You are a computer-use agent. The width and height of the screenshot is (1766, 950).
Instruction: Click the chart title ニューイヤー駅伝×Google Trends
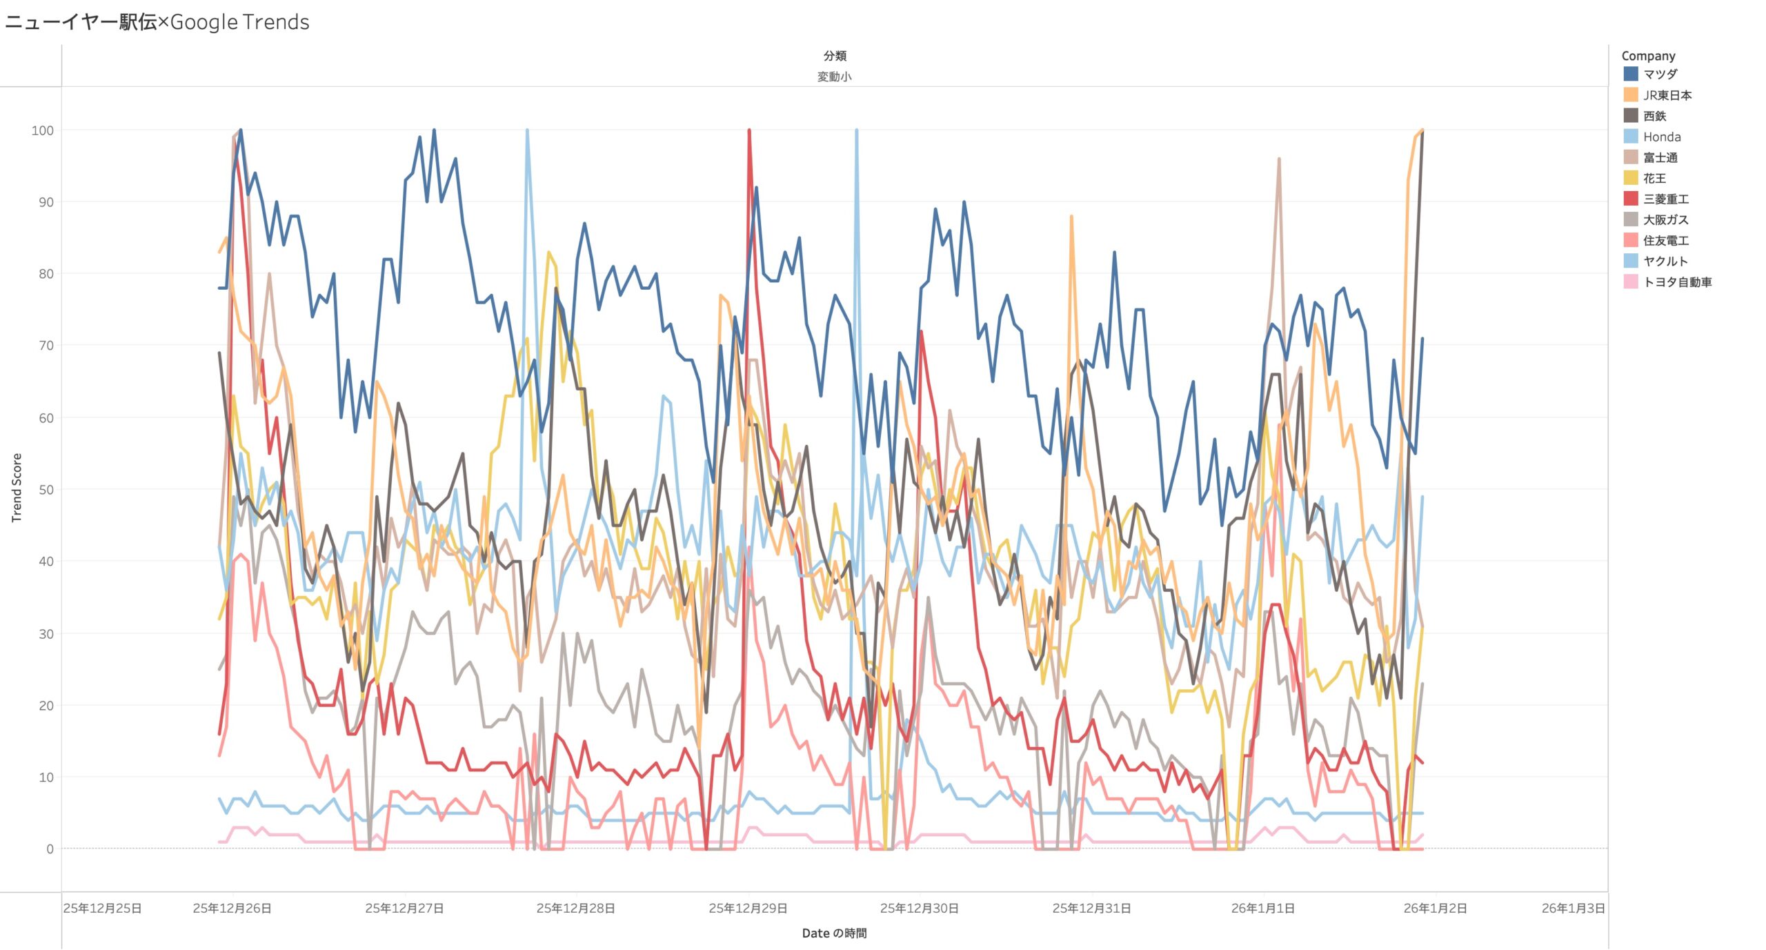point(157,22)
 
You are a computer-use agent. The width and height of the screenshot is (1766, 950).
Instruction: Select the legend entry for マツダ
point(1660,74)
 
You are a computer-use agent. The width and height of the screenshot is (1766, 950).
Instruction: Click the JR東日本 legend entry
point(1667,95)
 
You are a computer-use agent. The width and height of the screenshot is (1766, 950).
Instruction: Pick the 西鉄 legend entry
point(1654,116)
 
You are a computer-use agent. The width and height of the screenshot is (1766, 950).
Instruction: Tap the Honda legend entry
point(1661,137)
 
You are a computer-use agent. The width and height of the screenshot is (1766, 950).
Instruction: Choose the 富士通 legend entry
point(1660,157)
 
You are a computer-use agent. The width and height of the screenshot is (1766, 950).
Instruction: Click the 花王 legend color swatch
point(1631,178)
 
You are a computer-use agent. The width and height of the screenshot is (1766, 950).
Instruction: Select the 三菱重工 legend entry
point(1665,199)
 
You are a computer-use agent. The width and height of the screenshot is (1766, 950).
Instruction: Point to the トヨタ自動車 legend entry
point(1676,281)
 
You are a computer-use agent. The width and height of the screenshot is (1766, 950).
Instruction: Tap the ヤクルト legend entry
point(1665,261)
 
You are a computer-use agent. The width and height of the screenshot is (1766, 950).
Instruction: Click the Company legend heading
point(1648,56)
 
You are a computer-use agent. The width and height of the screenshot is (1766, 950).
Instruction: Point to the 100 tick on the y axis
point(43,130)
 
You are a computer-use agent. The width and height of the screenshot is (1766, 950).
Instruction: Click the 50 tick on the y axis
point(46,490)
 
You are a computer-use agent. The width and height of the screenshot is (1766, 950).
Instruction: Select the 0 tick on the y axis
point(50,849)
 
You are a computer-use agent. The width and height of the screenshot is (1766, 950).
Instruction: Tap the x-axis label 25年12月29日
point(748,908)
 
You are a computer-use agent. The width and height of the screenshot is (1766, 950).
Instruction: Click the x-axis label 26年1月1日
point(1262,908)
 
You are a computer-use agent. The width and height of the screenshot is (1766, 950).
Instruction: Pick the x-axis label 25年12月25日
point(102,908)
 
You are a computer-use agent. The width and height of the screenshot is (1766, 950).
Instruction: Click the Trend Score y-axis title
point(17,487)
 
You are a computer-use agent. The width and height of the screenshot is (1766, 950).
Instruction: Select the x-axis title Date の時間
point(834,933)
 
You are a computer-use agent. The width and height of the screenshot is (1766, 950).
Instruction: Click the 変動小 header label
point(834,77)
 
